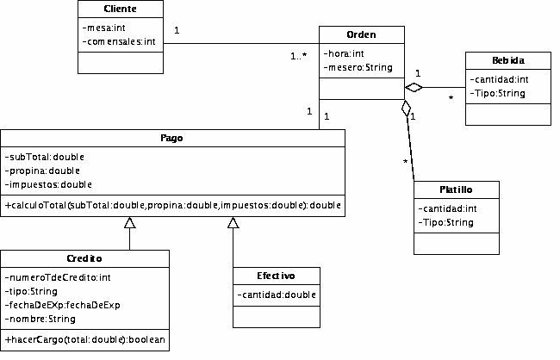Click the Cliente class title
[120, 9]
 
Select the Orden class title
[361, 34]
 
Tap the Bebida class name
[508, 60]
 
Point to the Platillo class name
[456, 189]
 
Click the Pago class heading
[171, 138]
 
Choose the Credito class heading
[84, 258]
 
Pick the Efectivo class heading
[276, 276]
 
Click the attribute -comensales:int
[119, 42]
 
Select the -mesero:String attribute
[358, 67]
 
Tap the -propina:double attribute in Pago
[42, 171]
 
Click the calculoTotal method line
[172, 205]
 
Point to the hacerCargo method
[85, 339]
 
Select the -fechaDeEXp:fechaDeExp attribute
[63, 305]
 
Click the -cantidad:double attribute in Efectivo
[277, 295]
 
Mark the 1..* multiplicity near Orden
[299, 56]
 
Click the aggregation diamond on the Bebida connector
[414, 87]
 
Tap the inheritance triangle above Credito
[129, 222]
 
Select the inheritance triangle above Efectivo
[233, 222]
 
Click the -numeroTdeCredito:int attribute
[58, 277]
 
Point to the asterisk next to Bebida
[451, 97]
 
